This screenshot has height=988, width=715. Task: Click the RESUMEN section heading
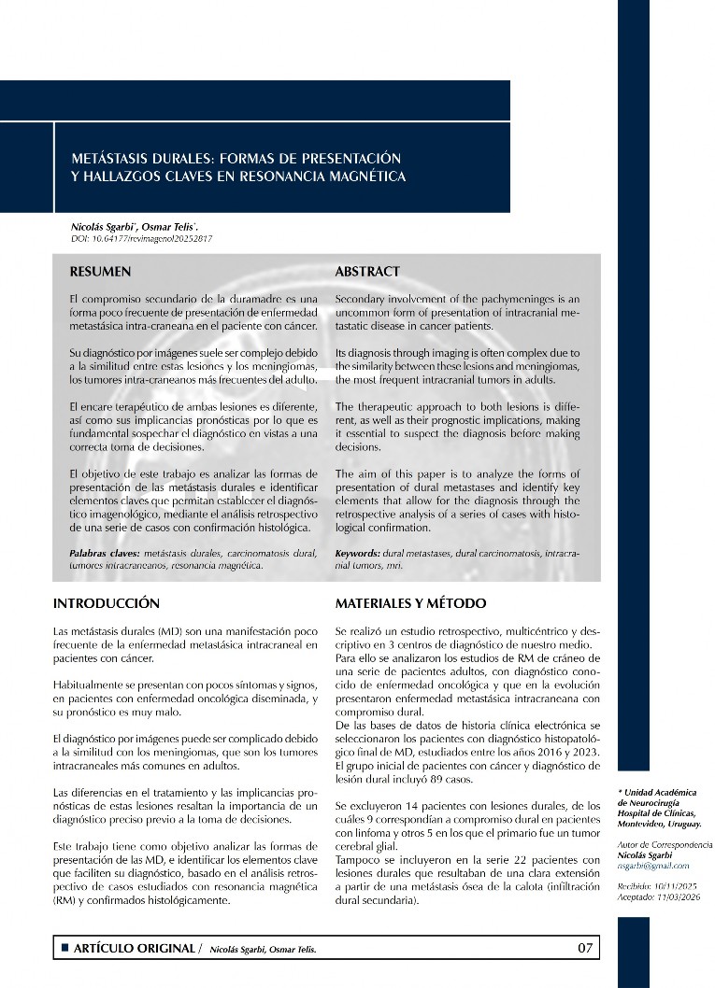100,272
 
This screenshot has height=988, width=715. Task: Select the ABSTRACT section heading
367,272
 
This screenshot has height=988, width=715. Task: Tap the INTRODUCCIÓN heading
107,603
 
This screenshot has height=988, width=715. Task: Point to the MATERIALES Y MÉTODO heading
410,603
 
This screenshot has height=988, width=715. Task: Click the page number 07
585,949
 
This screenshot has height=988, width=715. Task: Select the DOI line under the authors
142,239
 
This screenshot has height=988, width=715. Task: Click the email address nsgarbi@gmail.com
653,866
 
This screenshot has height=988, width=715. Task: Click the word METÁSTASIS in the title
114,157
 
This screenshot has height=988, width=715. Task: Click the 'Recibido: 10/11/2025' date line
659,884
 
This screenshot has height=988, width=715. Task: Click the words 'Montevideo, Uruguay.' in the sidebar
659,825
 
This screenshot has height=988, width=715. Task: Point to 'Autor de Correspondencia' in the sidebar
665,844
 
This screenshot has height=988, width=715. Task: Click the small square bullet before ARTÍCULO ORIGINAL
64,949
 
